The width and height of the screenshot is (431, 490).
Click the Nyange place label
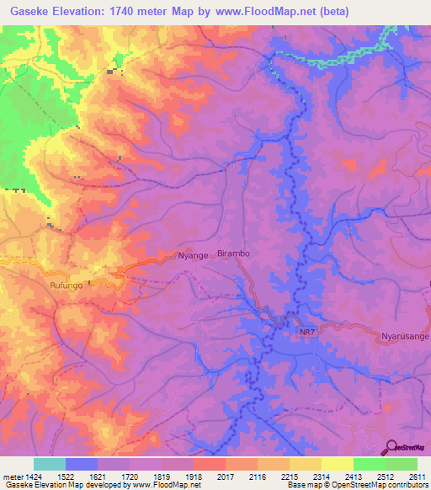pos(191,255)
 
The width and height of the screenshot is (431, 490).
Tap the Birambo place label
pos(234,253)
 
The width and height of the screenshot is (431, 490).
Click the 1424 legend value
pos(33,476)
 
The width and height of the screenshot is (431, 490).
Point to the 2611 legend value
pos(416,476)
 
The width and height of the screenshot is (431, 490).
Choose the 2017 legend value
pos(225,476)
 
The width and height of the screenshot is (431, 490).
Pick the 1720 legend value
pos(129,476)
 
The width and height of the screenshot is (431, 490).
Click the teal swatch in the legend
pos(50,464)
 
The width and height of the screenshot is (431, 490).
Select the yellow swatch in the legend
pos(337,464)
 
